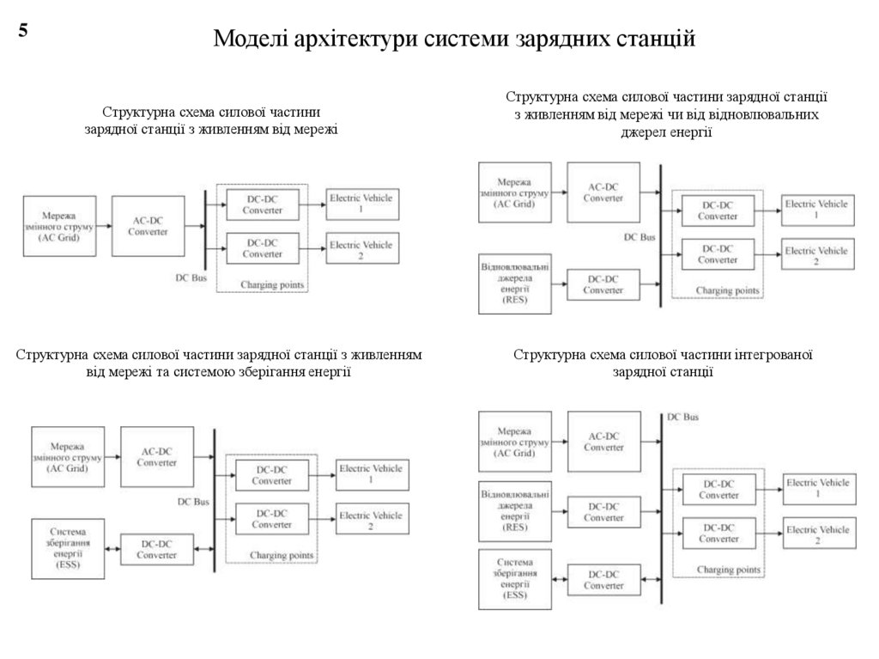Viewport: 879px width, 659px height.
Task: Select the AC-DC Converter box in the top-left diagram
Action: pos(148,227)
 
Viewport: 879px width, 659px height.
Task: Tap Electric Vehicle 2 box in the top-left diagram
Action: pos(361,250)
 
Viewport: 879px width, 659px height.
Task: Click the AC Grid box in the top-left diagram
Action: pos(58,225)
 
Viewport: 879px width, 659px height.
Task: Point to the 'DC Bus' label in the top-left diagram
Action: pos(191,278)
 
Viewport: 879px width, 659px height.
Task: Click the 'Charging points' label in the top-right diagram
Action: pos(728,291)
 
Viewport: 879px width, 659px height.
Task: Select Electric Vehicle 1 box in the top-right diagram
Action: pos(816,209)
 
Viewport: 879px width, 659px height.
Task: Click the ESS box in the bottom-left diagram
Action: pos(68,546)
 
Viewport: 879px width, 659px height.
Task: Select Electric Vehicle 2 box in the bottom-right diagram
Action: pos(817,535)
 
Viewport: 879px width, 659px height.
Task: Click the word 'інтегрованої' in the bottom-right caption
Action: pos(773,355)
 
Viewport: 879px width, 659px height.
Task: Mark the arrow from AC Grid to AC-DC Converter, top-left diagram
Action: pos(101,226)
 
